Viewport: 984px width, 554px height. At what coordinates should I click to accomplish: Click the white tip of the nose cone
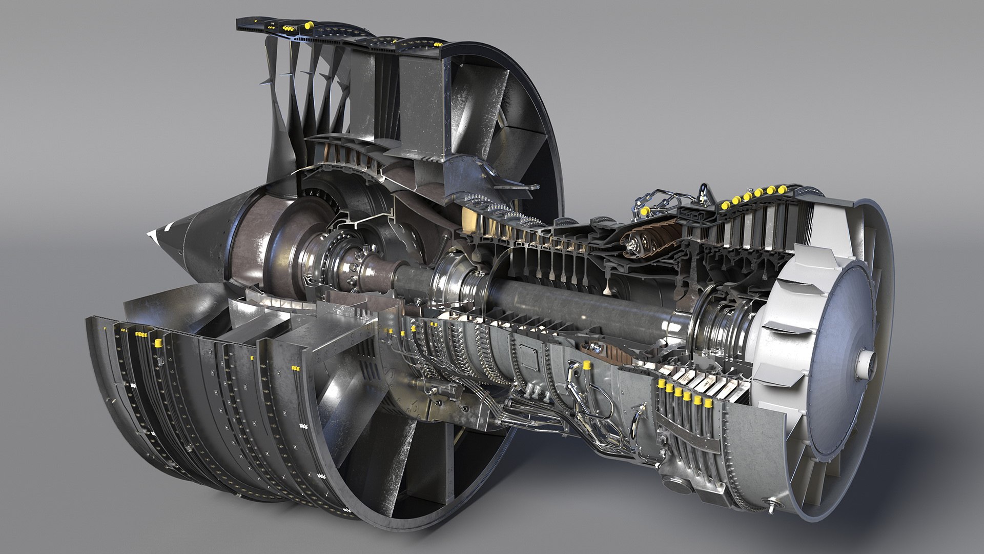coord(152,234)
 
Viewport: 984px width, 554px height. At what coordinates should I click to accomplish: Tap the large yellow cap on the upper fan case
coord(309,24)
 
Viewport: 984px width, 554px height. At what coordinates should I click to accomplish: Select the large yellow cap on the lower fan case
coord(158,342)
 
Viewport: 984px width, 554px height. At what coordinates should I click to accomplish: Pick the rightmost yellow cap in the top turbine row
coord(782,189)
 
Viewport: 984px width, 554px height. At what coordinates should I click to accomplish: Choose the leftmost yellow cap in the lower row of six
coord(661,384)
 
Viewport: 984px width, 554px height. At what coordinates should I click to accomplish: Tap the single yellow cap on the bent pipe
coord(585,366)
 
